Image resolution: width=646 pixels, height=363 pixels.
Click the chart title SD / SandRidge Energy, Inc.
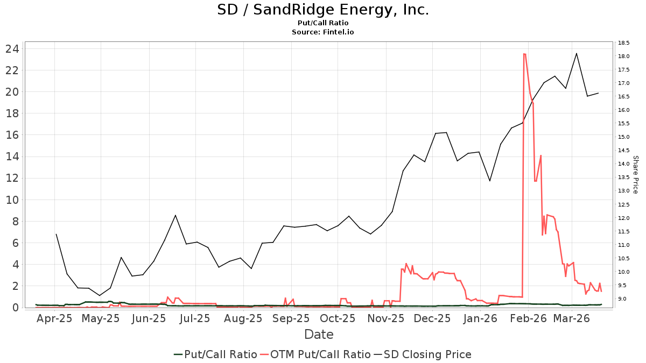tap(323, 10)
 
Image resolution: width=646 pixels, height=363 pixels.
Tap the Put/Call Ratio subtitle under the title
tap(323, 23)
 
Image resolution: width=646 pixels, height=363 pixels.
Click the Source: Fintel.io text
tap(323, 32)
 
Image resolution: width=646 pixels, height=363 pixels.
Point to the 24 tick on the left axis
tap(12, 49)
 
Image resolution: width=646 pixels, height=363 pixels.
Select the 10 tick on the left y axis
tap(12, 200)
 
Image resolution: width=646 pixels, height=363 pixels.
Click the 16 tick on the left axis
tap(12, 135)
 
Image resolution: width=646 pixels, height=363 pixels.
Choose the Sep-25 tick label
tap(291, 318)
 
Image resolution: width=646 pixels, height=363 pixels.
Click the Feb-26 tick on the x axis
tap(528, 318)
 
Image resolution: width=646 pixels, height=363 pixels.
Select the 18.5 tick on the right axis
tap(624, 42)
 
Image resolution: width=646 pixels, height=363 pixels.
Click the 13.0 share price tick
tap(624, 191)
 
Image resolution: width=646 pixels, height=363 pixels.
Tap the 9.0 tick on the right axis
tap(624, 298)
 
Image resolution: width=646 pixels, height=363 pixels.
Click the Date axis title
tap(319, 334)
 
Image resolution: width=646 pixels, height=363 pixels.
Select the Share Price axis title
tap(635, 175)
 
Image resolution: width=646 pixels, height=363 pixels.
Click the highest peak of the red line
tap(524, 54)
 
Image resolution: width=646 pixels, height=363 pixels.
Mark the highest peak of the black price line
tap(577, 53)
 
